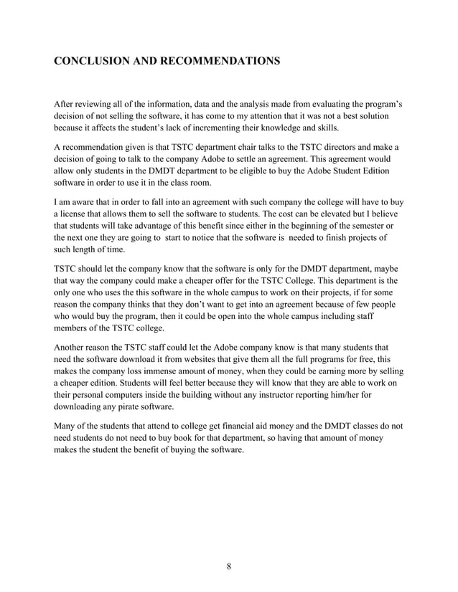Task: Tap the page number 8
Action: pos(229,568)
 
